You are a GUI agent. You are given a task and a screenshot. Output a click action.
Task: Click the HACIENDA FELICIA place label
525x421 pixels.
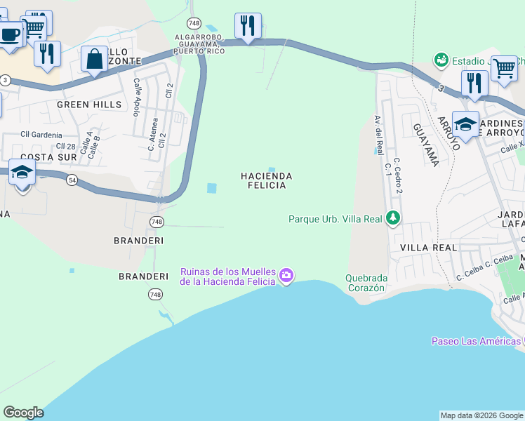266,180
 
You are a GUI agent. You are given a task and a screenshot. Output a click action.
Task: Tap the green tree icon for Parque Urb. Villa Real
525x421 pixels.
394,219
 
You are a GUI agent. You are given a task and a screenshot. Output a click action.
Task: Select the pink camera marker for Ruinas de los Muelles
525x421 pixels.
286,276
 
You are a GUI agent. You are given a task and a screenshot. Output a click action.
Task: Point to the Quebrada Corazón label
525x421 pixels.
366,282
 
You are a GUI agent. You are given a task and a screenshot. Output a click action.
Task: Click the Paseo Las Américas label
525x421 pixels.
475,342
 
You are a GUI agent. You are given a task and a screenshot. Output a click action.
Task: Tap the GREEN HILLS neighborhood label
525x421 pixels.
89,105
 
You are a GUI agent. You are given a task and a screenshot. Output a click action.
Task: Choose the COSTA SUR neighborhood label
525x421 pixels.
48,157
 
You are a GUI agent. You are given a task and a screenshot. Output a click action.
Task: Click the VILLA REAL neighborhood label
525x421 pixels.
428,248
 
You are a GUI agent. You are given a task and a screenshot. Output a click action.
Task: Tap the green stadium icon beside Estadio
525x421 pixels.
441,61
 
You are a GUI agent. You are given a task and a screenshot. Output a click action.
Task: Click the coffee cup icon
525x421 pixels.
10,35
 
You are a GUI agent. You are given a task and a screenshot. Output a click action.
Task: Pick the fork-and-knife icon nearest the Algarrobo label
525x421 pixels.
248,27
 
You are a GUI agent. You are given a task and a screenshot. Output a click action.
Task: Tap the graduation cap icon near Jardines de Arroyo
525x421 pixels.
465,125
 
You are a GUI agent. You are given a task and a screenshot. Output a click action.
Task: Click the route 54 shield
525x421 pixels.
72,180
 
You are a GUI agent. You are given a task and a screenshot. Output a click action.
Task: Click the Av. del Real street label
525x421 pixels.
379,136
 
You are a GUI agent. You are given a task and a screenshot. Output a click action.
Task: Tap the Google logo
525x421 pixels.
23,413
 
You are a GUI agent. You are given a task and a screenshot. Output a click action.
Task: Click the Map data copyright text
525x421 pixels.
481,415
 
